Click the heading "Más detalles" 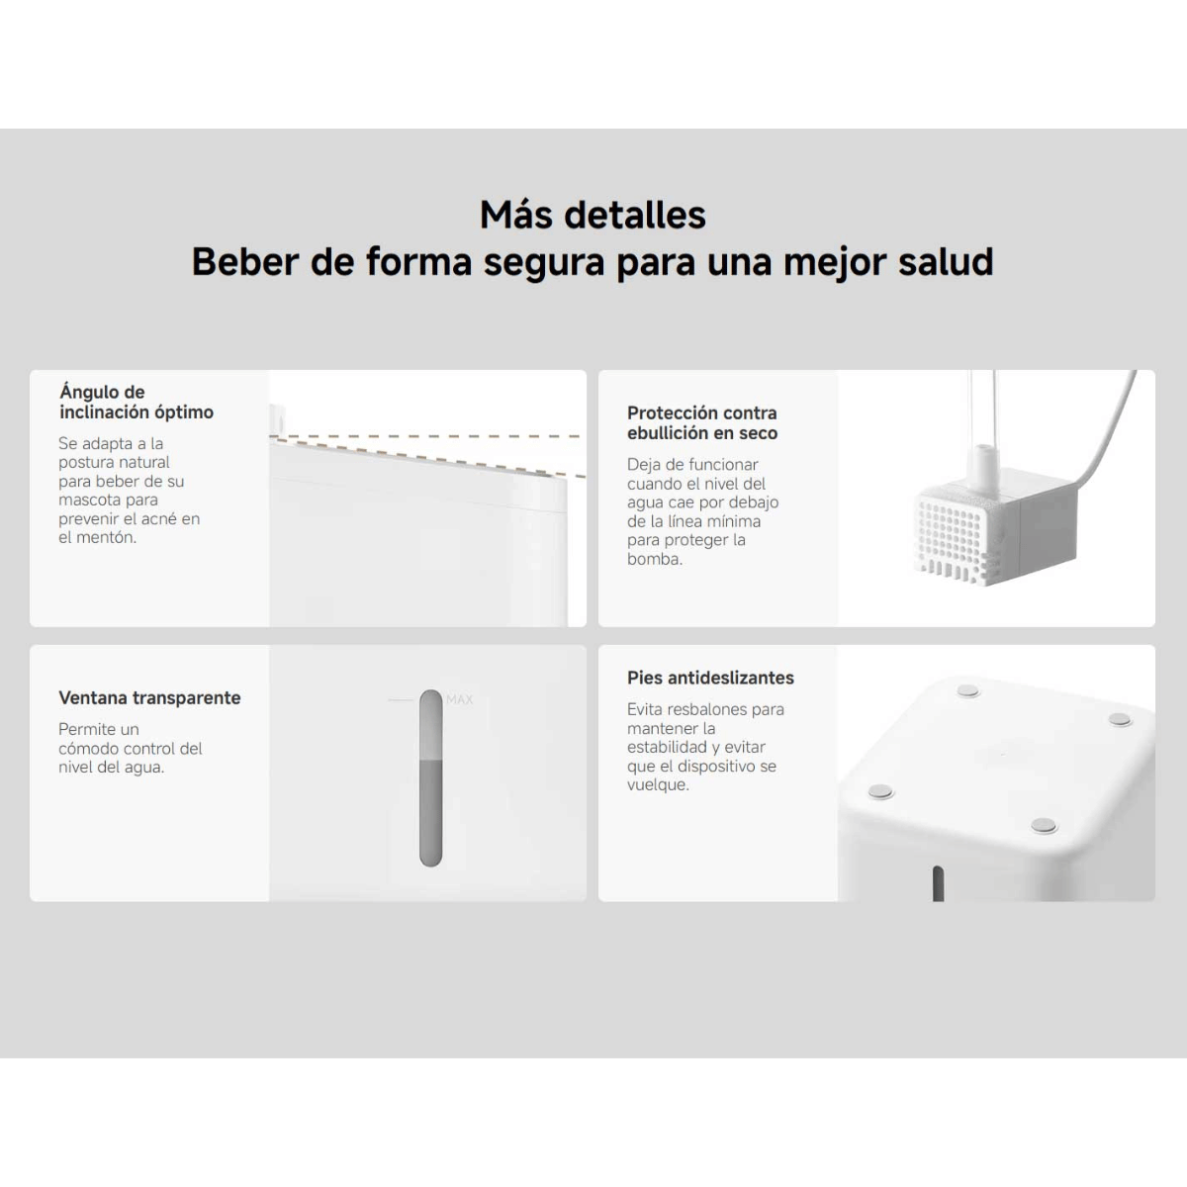593,215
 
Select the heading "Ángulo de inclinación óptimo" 137,402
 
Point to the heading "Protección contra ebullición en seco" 702,422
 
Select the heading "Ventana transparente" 149,698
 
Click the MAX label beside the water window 460,699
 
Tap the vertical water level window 430,778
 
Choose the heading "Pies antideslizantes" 711,678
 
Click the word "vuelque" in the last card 656,785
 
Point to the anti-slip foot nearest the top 968,691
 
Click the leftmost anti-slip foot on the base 881,792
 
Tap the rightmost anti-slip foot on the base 1120,719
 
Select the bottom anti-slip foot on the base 1044,825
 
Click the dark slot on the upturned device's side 938,883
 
